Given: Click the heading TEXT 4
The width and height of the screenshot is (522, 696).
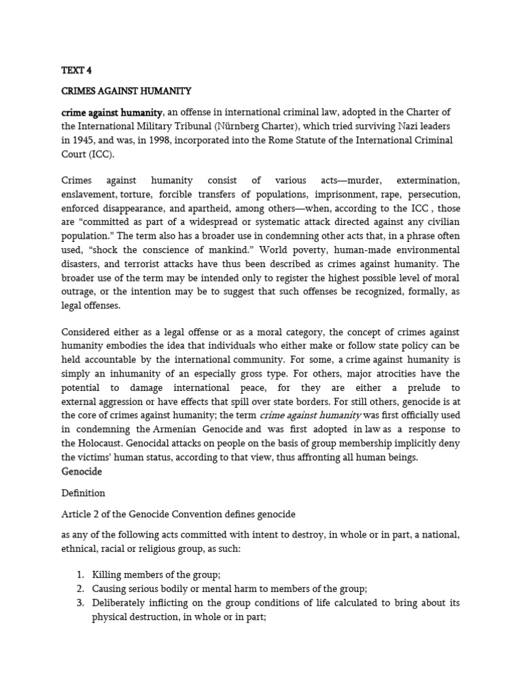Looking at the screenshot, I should tap(76, 69).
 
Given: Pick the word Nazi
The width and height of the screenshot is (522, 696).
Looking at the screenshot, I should tap(383, 126).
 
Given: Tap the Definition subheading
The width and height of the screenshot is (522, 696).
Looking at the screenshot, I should tap(84, 493).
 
